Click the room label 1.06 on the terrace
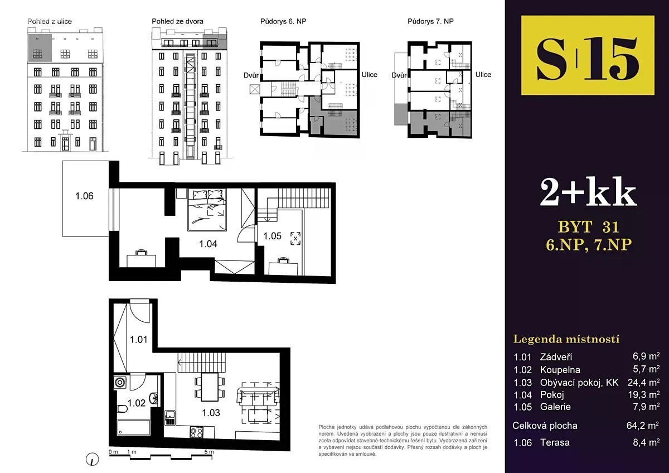(84, 196)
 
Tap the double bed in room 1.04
(207, 210)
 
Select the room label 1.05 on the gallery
(272, 236)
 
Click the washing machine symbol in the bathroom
(120, 383)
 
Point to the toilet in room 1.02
(122, 408)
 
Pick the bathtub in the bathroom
(133, 427)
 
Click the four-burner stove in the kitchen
(197, 432)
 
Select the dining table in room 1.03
(210, 387)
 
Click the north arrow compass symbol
(92, 459)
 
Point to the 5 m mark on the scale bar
(209, 452)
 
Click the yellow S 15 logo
(588, 55)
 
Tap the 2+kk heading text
(588, 191)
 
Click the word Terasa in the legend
(555, 442)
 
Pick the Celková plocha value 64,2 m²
(643, 425)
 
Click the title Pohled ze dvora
(177, 22)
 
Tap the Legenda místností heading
(566, 340)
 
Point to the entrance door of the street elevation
(65, 144)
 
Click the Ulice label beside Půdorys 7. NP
(483, 74)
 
